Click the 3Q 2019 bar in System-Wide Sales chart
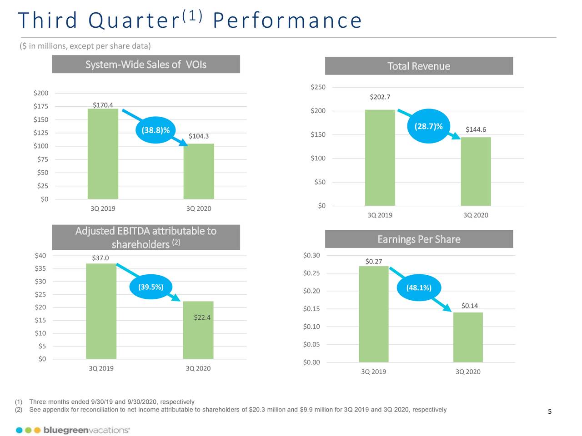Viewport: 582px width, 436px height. [103, 154]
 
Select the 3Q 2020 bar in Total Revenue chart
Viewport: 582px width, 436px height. [476, 171]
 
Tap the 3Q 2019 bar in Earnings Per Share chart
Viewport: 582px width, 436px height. [373, 314]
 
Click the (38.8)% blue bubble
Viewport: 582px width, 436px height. [156, 130]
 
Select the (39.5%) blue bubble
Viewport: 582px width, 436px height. [151, 287]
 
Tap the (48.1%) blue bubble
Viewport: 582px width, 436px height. [419, 287]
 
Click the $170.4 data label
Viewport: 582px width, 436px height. [103, 105]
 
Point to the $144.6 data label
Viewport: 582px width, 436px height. [476, 129]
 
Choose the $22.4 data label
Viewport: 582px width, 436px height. [202, 317]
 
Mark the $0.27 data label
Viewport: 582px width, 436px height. [374, 261]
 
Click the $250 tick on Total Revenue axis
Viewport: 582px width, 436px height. [318, 87]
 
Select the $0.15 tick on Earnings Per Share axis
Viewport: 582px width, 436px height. [311, 309]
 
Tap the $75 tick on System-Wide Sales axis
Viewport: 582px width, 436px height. [42, 159]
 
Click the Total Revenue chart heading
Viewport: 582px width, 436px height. [419, 66]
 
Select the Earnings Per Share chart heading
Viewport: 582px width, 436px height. [419, 239]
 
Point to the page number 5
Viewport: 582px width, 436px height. [549, 411]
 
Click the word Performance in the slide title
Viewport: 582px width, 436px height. [287, 20]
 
